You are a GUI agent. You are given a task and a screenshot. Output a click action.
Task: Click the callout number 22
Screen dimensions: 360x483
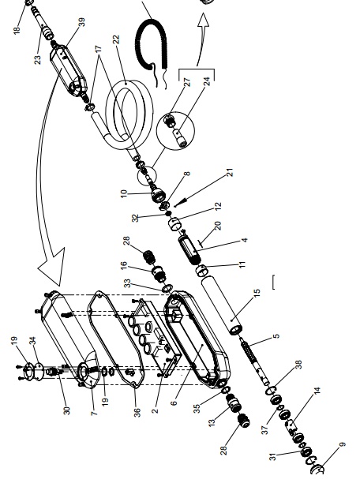point(115,39)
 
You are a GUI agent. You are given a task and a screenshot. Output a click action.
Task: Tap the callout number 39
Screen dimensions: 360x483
point(81,22)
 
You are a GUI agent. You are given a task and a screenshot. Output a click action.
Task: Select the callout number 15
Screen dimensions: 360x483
point(257,293)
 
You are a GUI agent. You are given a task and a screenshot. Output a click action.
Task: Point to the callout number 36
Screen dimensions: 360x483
point(137,412)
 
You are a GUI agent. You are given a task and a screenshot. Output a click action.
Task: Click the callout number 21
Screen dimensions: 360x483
point(231,172)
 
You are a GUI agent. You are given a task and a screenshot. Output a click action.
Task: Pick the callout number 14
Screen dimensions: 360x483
point(317,391)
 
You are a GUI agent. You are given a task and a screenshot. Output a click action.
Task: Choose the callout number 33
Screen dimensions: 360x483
point(127,283)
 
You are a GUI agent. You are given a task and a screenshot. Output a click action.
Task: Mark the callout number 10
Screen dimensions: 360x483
point(124,193)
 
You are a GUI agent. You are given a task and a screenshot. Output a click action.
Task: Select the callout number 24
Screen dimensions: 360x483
point(207,81)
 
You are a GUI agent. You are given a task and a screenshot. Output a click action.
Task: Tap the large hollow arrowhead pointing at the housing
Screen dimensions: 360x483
point(52,267)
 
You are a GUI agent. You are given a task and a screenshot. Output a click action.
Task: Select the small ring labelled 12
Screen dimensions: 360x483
point(174,223)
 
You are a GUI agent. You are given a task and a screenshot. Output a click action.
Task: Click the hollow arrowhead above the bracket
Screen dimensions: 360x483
point(203,21)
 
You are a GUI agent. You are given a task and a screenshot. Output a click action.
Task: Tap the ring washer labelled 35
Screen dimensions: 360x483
point(225,390)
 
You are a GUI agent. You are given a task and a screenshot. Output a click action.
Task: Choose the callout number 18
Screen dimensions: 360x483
point(17,30)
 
